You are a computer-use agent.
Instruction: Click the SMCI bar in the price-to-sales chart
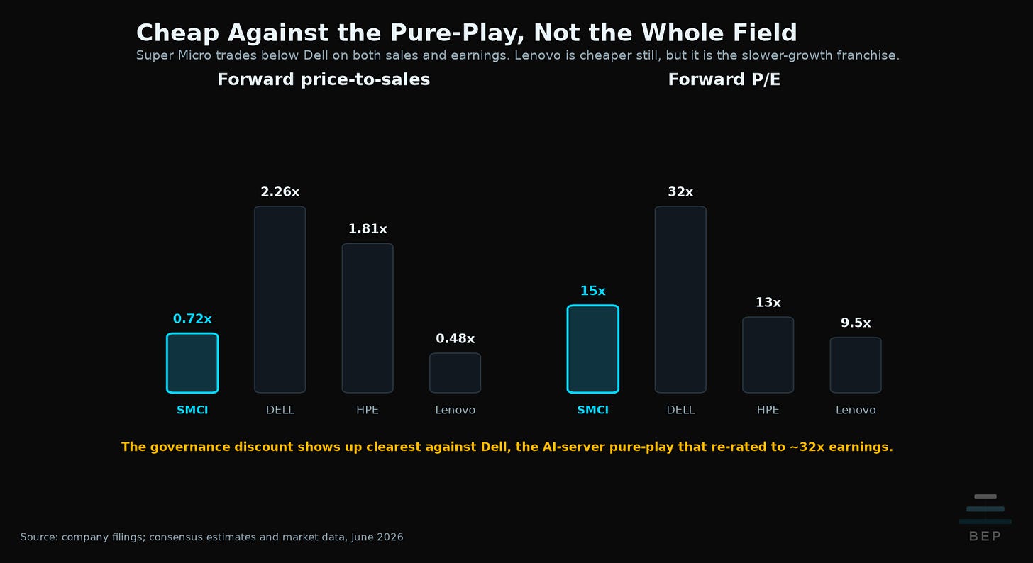point(192,363)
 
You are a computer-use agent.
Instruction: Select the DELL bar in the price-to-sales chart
point(280,299)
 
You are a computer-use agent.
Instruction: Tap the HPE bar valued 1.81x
point(368,318)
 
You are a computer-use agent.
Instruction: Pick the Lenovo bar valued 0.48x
point(455,373)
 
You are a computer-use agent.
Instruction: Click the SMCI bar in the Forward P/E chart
point(593,350)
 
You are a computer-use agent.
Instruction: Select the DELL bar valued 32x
point(680,299)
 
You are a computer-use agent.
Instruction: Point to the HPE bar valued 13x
point(768,355)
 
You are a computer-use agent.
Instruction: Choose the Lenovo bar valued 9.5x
point(856,365)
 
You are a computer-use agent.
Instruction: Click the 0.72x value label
point(192,319)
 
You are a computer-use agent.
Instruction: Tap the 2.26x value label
point(280,191)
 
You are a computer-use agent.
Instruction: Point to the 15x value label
point(593,291)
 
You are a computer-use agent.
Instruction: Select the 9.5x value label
point(856,323)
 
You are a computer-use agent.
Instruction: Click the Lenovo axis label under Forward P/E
point(856,410)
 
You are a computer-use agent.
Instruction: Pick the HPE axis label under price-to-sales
point(368,410)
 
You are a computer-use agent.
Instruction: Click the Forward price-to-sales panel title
point(324,79)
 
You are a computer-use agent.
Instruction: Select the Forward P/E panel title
point(724,79)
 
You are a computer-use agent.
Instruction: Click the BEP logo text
point(985,536)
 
